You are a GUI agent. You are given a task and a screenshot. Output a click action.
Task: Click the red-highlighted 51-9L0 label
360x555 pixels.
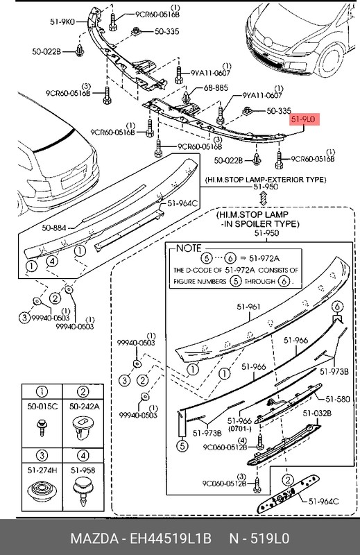pos(303,120)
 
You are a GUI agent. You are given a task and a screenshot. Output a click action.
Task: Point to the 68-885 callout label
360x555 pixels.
pos(215,88)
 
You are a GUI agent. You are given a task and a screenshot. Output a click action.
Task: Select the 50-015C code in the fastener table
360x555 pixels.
pos(43,407)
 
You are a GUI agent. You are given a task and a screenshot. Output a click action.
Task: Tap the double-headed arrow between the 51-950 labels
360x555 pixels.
pos(264,199)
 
